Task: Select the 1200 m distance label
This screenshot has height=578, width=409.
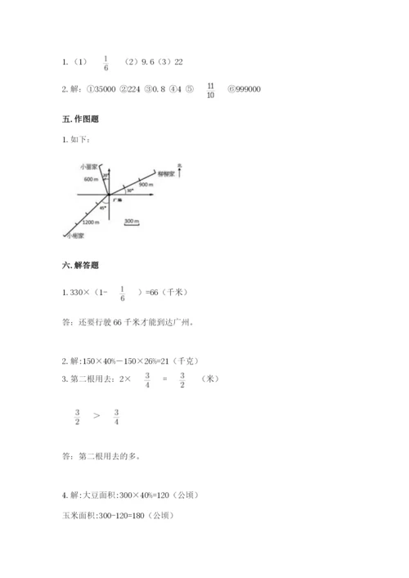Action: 91,222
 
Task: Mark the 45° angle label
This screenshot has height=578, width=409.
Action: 102,208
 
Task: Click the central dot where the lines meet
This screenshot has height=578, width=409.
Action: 108,195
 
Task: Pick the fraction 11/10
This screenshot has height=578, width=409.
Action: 211,89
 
